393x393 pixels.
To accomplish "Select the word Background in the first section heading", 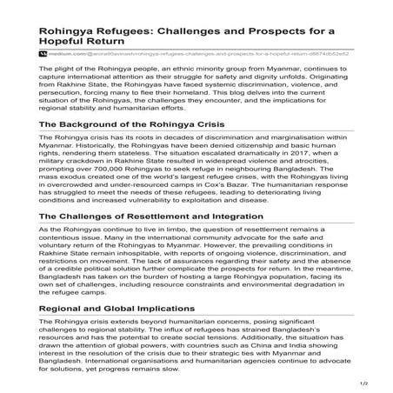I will [103, 124].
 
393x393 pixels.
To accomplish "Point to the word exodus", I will [73, 175].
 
